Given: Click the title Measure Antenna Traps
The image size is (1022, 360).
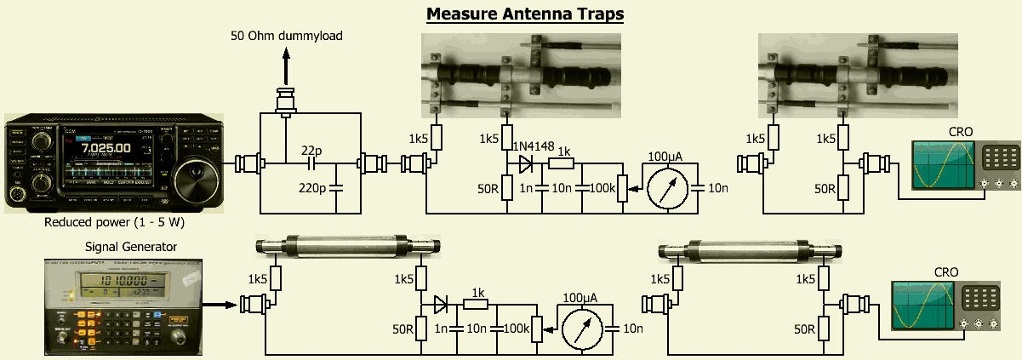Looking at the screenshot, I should (525, 14).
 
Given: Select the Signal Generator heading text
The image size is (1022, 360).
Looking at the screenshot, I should (131, 247).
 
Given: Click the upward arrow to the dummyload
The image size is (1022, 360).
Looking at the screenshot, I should (285, 66).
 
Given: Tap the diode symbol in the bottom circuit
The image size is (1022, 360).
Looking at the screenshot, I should (441, 304).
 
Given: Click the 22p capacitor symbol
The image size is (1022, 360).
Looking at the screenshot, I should (312, 162).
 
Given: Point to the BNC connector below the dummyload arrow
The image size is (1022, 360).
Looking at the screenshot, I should (285, 100).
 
